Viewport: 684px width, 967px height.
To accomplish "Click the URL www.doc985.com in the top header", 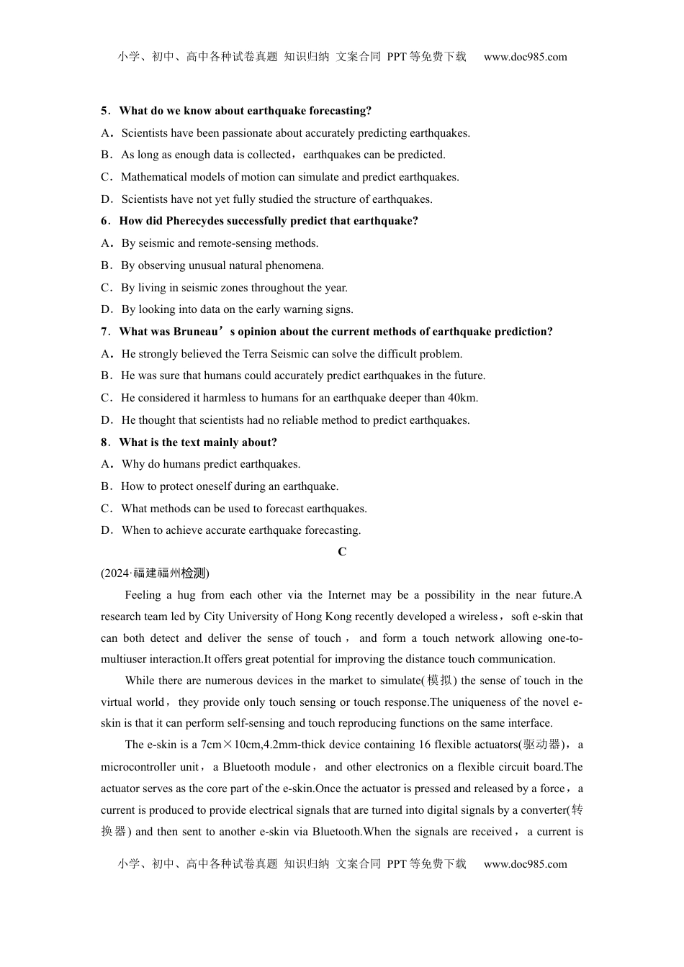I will [525, 57].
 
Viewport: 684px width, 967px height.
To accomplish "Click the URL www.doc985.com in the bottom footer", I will [525, 864].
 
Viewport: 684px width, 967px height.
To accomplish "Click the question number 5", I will [104, 111].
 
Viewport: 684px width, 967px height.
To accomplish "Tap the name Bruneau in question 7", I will [196, 332].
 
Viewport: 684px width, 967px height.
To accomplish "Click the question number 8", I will [104, 442].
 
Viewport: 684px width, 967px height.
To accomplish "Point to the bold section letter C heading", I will [342, 552].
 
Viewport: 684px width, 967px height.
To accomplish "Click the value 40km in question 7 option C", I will [463, 398].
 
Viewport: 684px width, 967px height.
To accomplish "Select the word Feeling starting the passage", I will [143, 595].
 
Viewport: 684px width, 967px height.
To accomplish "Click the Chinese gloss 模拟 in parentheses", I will [439, 681].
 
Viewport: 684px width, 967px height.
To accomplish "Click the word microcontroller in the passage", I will [138, 767].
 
